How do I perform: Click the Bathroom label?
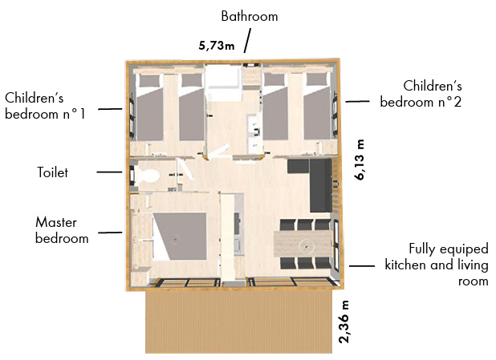pyautogui.click(x=250, y=16)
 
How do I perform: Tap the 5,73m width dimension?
pyautogui.click(x=217, y=46)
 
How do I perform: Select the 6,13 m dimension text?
pyautogui.click(x=360, y=160)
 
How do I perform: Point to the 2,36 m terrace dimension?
pyautogui.click(x=344, y=322)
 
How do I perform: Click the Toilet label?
pyautogui.click(x=52, y=172)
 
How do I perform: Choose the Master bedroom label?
pyautogui.click(x=62, y=230)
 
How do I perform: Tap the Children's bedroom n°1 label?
pyautogui.click(x=45, y=106)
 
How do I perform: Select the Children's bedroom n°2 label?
pyautogui.click(x=421, y=94)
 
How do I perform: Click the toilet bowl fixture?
pyautogui.click(x=148, y=176)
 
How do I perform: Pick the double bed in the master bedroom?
pyautogui.click(x=180, y=236)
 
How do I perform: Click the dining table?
pyautogui.click(x=303, y=244)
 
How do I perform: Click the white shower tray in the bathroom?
pyautogui.click(x=223, y=76)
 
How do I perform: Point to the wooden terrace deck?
pyautogui.click(x=239, y=322)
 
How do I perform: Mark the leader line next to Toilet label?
pyautogui.click(x=109, y=172)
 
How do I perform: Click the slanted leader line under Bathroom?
pyautogui.click(x=247, y=40)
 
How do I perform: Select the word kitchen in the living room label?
pyautogui.click(x=406, y=265)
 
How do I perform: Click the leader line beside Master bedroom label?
pyautogui.click(x=110, y=233)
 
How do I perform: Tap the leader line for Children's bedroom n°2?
pyautogui.click(x=357, y=102)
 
